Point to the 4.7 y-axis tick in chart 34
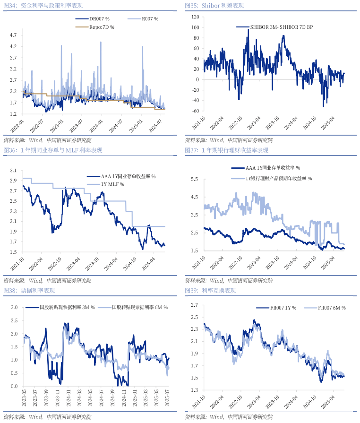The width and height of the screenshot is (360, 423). tap(13, 35)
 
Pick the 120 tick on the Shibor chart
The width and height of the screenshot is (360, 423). tap(194, 17)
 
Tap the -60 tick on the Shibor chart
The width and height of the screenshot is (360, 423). tap(194, 111)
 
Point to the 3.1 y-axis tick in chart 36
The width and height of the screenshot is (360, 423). tap(13, 170)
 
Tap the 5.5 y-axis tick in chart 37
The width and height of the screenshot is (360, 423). tap(194, 179)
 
